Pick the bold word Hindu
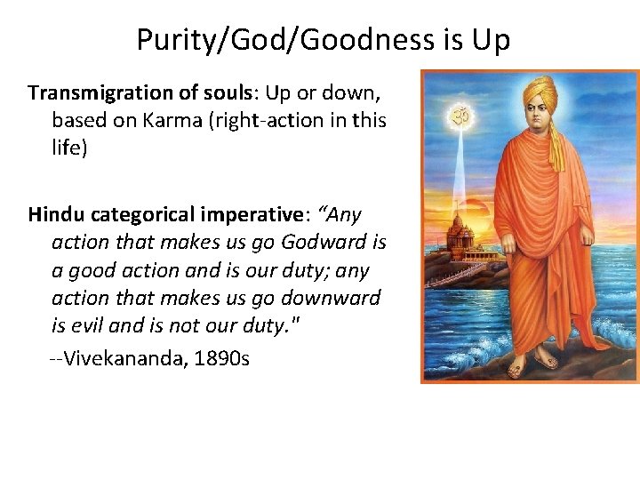pyautogui.click(x=56, y=214)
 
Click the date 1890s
pyautogui.click(x=220, y=359)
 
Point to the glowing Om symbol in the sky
pyautogui.click(x=459, y=116)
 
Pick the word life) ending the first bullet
pyautogui.click(x=69, y=148)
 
